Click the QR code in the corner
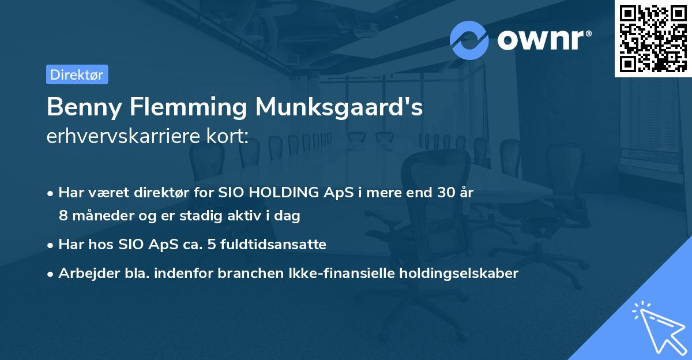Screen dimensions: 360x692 [x=653, y=39]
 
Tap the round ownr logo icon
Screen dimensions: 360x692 [x=469, y=40]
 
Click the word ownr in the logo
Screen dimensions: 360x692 [x=544, y=40]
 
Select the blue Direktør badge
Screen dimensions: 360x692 [x=77, y=74]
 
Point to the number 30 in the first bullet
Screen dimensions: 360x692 [x=445, y=193]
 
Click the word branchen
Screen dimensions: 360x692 [x=244, y=273]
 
